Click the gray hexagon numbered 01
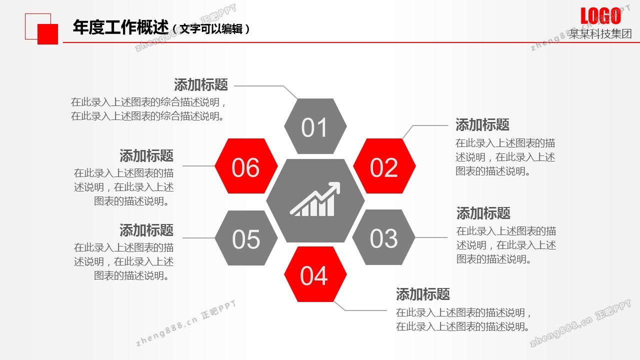[x=315, y=126]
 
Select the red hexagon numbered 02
[x=384, y=166]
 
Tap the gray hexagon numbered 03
[x=383, y=237]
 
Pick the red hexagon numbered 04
[x=315, y=274]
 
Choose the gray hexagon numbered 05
[x=246, y=238]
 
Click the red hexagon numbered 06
[x=246, y=166]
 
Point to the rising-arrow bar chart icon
[x=315, y=199]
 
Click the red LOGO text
[x=600, y=16]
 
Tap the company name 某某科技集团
[x=600, y=33]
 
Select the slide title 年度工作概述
[x=120, y=27]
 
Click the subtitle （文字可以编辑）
[x=211, y=29]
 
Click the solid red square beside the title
[x=47, y=34]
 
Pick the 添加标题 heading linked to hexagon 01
[x=201, y=85]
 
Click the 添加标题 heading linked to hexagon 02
[x=482, y=125]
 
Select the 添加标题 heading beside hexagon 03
[x=483, y=213]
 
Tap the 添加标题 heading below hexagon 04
[x=423, y=294]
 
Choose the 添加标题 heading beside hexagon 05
[x=146, y=230]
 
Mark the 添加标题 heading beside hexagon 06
[x=146, y=155]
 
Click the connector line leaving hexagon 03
[x=431, y=237]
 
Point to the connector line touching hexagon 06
[x=199, y=165]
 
